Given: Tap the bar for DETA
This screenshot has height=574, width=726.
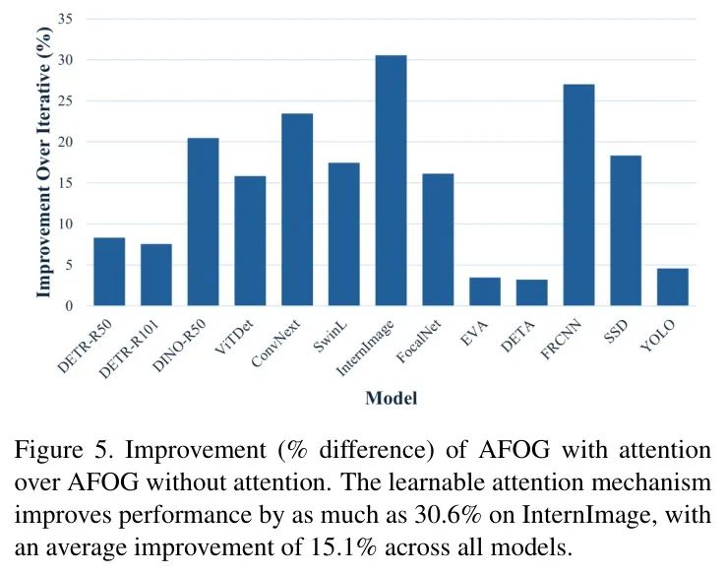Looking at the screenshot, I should click(x=531, y=292).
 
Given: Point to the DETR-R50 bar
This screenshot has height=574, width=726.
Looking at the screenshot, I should click(x=109, y=272).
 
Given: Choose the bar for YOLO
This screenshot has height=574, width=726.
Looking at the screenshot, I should click(x=673, y=287).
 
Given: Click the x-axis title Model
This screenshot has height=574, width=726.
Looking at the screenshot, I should click(x=391, y=399).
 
